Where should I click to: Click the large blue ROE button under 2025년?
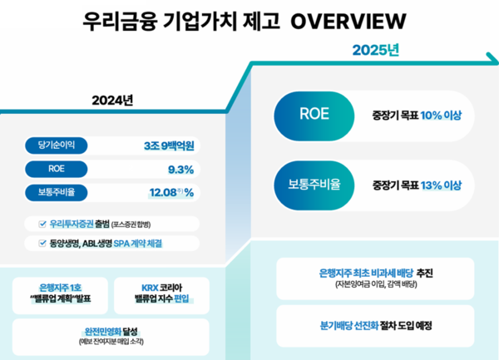pos(309,114)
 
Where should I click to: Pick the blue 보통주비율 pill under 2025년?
pos(309,184)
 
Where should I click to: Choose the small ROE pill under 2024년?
pos(56,170)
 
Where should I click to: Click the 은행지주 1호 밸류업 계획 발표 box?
pos(60,292)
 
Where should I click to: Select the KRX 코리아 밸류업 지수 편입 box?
pos(161,292)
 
